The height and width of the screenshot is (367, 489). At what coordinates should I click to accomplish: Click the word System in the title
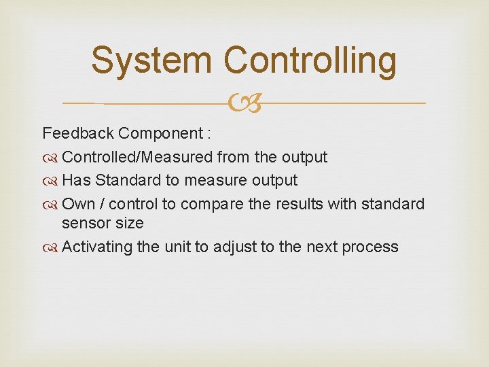point(153,60)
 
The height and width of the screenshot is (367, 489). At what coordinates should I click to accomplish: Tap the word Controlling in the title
point(310,61)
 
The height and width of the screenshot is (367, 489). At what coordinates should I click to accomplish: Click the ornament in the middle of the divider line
point(244,103)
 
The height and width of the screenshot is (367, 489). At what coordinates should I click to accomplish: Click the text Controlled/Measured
point(137,157)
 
